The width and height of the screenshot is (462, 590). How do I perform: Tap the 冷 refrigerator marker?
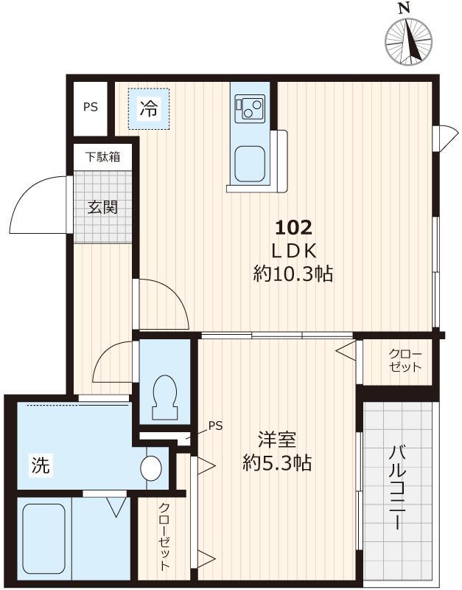(x=149, y=109)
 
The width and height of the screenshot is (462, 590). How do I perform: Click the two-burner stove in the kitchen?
(x=250, y=110)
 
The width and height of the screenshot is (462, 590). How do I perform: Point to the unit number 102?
(x=293, y=226)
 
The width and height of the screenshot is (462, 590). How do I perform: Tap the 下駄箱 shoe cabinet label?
(x=102, y=157)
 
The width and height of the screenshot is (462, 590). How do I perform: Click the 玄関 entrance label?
(x=102, y=207)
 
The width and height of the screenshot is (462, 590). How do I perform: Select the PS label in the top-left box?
(x=90, y=107)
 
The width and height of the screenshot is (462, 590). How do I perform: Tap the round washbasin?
(x=151, y=468)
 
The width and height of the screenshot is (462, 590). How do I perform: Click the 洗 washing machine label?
(x=41, y=465)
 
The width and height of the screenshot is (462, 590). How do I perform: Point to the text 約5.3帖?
(x=277, y=464)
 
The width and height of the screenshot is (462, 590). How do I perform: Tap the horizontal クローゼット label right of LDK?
(x=406, y=361)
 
